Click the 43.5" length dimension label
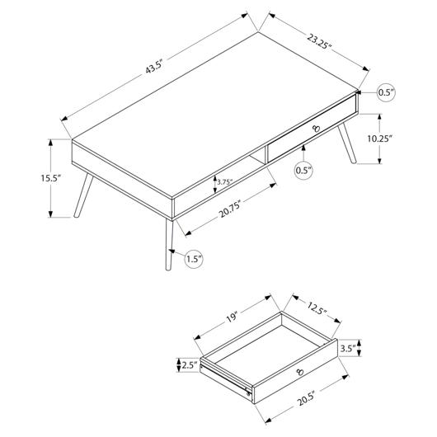coord(154,67)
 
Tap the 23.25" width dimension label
coord(319,41)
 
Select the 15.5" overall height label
coord(50,178)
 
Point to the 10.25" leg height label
coord(379,139)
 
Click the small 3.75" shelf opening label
coord(224,182)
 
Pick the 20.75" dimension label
coord(230,210)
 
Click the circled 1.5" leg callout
coord(194,260)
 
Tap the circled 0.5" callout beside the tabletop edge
coord(386,92)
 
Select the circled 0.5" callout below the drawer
coord(303,171)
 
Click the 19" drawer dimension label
coord(232,317)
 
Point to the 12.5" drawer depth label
coord(317,308)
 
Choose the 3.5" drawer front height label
coord(348,348)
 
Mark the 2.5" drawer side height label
coord(190,365)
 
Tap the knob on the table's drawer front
coord(317,129)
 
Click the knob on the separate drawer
coord(300,372)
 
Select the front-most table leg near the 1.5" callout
coord(169,245)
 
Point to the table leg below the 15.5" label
coord(83,195)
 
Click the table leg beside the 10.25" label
coord(347,143)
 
